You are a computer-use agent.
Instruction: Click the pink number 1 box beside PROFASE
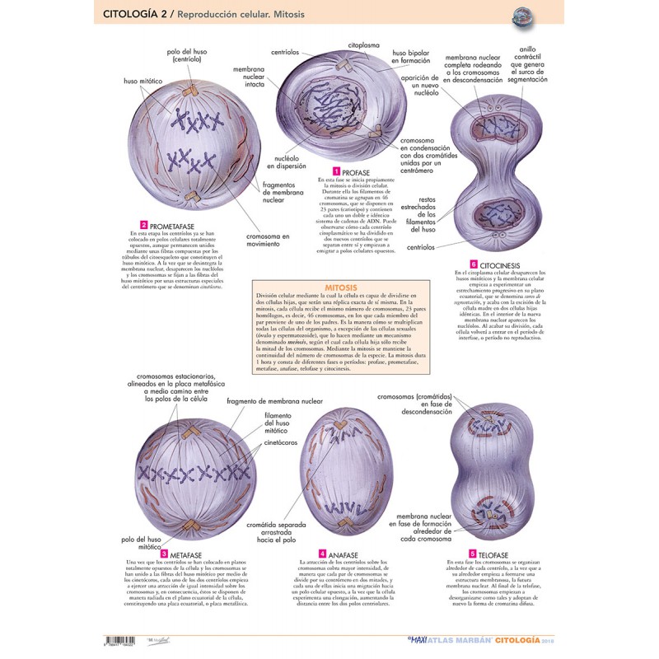click(325, 171)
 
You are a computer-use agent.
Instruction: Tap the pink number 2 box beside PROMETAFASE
click(143, 225)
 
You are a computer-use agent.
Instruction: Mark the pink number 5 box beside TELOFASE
click(472, 554)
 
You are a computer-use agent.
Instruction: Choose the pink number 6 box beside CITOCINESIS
click(474, 264)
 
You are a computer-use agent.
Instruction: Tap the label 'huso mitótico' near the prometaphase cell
click(143, 82)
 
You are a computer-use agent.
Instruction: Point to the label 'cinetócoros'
click(280, 442)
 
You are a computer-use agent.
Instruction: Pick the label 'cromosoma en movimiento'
click(268, 240)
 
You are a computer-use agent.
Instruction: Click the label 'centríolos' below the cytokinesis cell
click(420, 246)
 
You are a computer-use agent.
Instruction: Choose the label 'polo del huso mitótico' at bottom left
click(138, 543)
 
